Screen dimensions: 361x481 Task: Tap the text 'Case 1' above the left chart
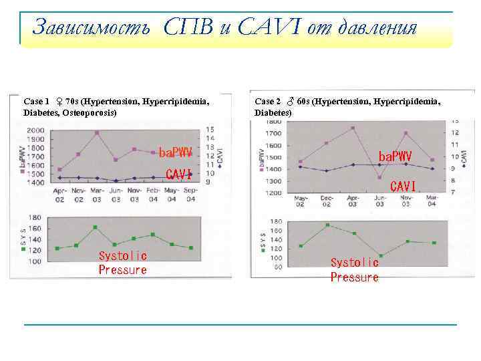tap(36, 102)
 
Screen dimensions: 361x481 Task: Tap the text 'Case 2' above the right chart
tap(268, 102)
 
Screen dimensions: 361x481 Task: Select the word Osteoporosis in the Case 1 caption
tap(89, 112)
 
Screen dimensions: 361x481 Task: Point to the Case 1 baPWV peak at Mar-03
tap(97, 133)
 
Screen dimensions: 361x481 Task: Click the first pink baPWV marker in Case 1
tap(59, 170)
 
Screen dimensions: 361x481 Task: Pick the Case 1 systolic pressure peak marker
tap(95, 227)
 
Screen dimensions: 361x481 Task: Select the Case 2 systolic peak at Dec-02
tap(327, 225)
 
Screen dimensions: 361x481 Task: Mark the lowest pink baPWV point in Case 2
tap(379, 177)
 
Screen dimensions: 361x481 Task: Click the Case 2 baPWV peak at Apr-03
tap(353, 128)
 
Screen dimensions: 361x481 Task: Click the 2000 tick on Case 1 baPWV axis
tap(37, 130)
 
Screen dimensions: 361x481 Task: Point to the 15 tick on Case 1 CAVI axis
tap(210, 129)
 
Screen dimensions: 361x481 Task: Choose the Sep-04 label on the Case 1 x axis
tap(190, 195)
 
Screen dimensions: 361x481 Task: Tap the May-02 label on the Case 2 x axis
tap(300, 201)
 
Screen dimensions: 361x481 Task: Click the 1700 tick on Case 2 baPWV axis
tap(273, 134)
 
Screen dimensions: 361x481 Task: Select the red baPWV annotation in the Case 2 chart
tap(395, 156)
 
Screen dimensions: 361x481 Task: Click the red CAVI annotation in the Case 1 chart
tap(178, 174)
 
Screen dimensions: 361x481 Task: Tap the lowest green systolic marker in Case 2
tap(380, 256)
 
